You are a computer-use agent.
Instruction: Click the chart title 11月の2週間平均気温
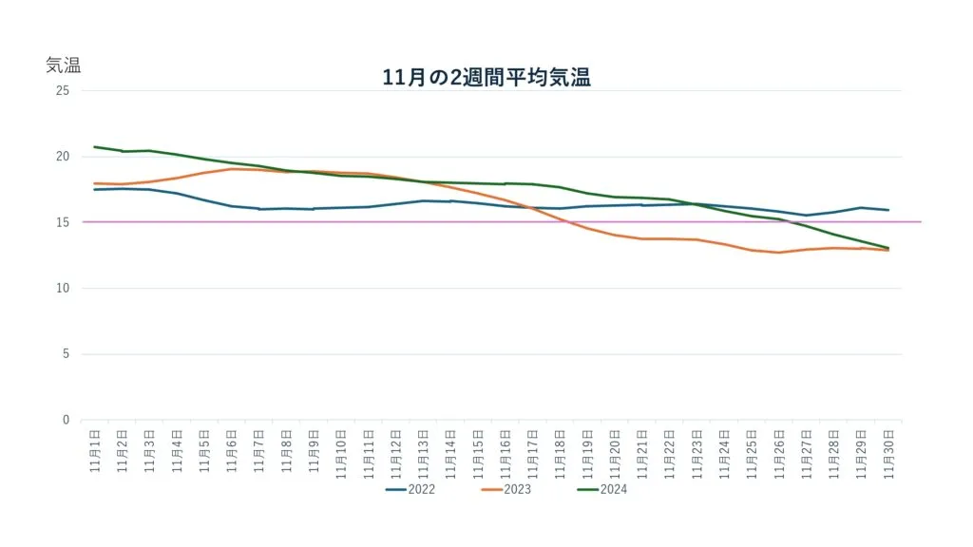pos(486,78)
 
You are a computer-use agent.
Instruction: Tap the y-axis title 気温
pos(64,66)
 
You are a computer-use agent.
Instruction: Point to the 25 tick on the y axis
pos(63,91)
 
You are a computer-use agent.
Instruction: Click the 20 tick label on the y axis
pos(63,157)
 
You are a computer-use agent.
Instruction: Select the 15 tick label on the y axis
pos(63,222)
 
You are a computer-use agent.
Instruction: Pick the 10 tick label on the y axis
pos(63,289)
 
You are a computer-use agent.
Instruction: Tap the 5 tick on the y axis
pos(66,354)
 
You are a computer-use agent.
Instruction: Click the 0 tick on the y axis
pos(66,420)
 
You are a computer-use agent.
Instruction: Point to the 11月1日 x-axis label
pos(95,450)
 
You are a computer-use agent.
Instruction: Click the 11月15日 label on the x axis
pos(478,452)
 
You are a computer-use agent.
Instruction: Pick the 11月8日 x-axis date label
pos(286,450)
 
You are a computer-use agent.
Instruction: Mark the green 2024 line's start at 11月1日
pos(95,147)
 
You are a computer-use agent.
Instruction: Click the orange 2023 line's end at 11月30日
pos(887,250)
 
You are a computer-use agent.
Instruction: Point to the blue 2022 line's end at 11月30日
pos(887,210)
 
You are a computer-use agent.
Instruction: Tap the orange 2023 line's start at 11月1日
pos(95,183)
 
